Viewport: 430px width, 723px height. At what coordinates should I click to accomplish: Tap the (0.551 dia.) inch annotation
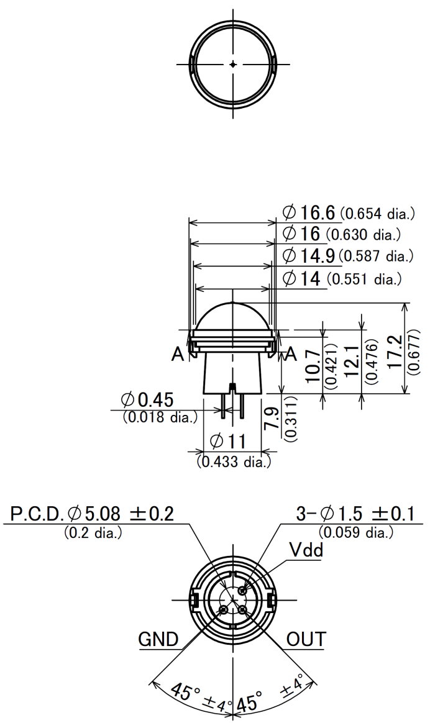pos(364,278)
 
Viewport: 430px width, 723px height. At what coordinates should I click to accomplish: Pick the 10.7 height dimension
pos(315,365)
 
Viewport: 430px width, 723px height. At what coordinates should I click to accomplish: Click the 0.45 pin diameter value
pos(154,400)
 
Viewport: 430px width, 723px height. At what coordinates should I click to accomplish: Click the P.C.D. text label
pos(37,514)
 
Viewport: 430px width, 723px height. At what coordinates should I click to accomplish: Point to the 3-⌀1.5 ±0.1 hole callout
pos(355,514)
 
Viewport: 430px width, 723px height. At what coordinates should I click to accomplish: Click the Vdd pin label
pos(306,550)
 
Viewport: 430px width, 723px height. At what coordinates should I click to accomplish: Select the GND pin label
pos(158,640)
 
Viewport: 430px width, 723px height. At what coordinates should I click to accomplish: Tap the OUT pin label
pos(306,640)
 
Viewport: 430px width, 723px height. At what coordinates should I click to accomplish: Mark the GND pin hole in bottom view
pos(223,610)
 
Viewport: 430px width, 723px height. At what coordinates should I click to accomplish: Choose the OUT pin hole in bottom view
pos(244,610)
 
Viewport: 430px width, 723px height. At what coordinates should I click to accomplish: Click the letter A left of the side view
pos(178,354)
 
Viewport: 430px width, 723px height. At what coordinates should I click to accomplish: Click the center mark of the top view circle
pos(234,64)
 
